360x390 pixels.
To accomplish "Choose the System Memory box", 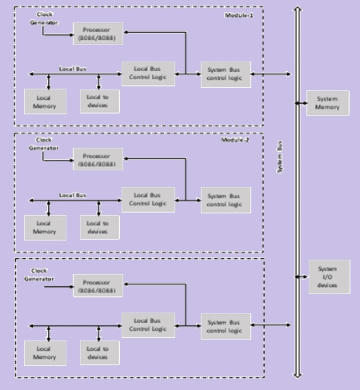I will click(x=328, y=102).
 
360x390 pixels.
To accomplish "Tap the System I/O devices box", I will click(x=329, y=277).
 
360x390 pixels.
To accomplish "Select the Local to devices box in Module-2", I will click(x=99, y=227).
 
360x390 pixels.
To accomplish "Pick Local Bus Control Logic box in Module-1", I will click(x=148, y=74).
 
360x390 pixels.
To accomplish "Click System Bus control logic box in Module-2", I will click(x=225, y=200).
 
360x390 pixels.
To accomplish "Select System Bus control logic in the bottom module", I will click(x=225, y=325).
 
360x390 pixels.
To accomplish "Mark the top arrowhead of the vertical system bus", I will click(x=298, y=10).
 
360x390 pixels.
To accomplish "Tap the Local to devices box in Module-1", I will click(x=99, y=101).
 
